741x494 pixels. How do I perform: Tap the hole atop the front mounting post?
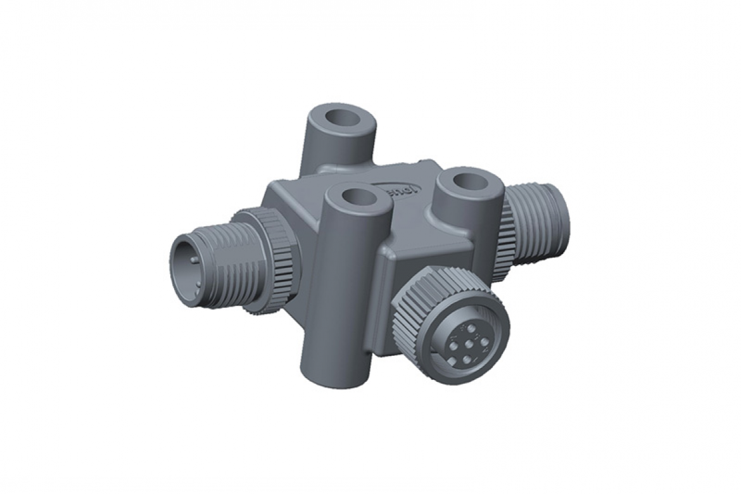click(x=357, y=199)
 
